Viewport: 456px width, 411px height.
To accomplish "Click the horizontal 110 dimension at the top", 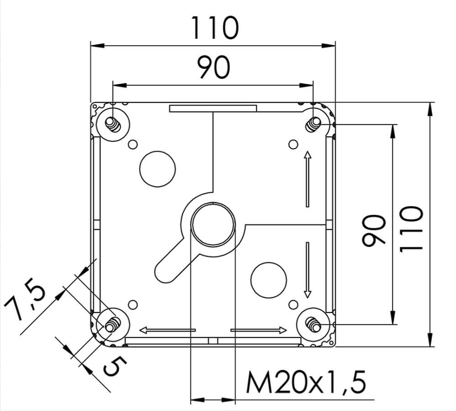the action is click(x=215, y=28).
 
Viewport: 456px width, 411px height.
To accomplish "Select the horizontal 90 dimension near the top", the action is click(x=214, y=68).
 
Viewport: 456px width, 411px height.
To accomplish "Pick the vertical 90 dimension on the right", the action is click(x=374, y=231).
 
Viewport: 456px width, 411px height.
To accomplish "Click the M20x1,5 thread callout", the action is click(x=306, y=382).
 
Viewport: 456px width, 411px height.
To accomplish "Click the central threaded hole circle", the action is click(x=213, y=224).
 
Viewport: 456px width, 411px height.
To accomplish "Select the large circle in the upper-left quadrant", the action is click(x=158, y=169).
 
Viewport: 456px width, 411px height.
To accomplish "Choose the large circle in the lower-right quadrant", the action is click(x=268, y=280).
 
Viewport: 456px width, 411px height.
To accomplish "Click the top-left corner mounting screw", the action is click(x=112, y=124).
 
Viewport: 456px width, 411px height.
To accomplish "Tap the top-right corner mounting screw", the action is click(x=314, y=124).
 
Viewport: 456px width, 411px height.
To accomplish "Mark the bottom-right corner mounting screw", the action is click(x=314, y=325).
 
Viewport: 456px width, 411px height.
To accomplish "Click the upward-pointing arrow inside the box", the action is click(x=307, y=179).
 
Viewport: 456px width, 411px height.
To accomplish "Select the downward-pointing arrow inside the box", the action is click(x=307, y=270).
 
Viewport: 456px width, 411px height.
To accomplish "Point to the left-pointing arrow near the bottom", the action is click(x=167, y=330).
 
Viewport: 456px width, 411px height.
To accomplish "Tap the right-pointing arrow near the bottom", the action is click(x=259, y=330).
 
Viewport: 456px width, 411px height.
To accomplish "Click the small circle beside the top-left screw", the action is click(x=133, y=145).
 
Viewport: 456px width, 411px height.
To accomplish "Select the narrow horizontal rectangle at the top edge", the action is click(x=213, y=108).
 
